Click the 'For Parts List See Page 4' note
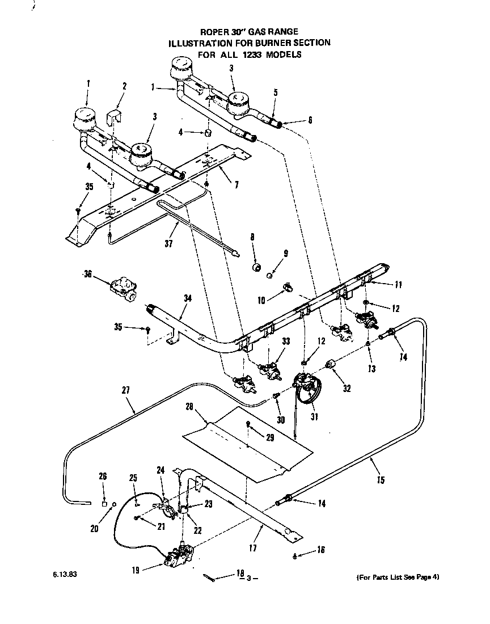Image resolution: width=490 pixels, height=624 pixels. tap(398, 577)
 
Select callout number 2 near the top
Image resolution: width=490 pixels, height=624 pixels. tap(125, 86)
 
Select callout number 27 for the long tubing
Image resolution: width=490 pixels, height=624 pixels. tap(125, 390)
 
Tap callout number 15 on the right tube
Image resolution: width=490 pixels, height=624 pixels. tap(380, 480)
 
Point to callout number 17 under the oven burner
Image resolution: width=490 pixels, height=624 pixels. tap(253, 548)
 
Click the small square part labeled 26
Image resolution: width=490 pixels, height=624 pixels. tap(104, 503)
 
